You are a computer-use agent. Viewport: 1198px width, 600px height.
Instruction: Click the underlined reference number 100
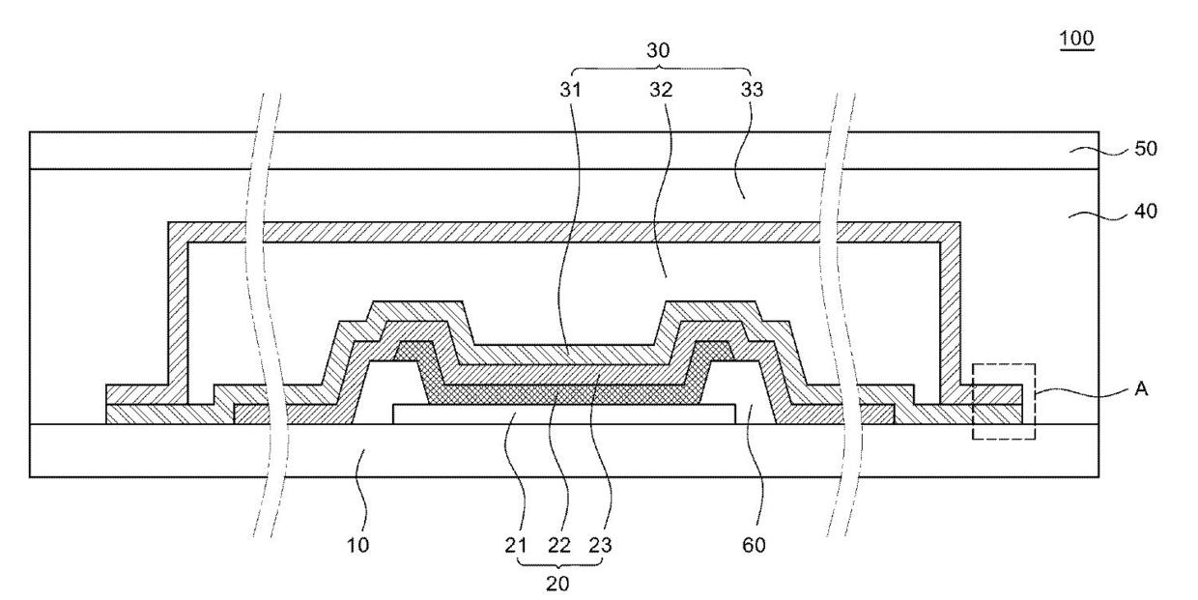(x=1076, y=39)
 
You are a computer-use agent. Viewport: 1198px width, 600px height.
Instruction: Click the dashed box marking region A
(x=1004, y=401)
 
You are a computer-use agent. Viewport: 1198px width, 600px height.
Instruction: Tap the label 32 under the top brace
(x=662, y=90)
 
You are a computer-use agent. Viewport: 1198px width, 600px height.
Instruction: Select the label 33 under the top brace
(x=751, y=90)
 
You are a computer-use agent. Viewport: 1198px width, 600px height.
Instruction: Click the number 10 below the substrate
(x=357, y=545)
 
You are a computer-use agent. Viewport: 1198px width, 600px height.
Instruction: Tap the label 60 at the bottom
(x=755, y=545)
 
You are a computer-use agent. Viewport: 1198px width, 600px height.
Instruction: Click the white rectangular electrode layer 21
(x=560, y=414)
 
